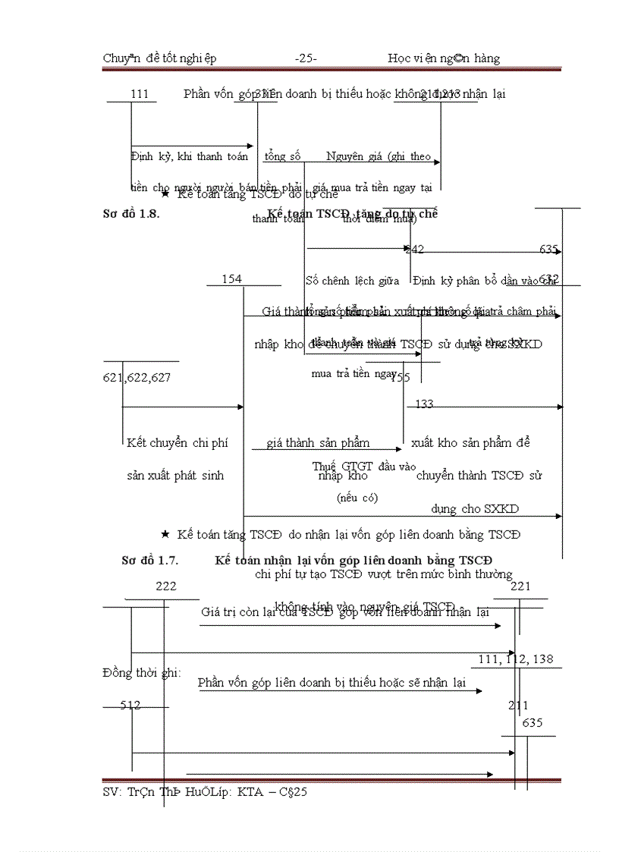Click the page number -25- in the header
point(306,58)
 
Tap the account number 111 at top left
point(140,94)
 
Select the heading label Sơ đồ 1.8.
point(130,214)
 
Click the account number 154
point(231,279)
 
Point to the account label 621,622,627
point(137,377)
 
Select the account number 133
point(424,404)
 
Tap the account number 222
point(166,586)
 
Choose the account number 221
point(520,586)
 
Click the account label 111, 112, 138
point(516,659)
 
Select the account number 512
point(130,706)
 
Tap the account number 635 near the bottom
point(533,723)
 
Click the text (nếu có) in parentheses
point(357,498)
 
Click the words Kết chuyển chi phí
point(178,442)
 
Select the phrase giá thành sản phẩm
point(318,442)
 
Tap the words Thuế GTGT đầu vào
point(353,466)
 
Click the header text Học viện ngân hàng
point(444,58)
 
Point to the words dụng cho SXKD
point(475,509)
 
